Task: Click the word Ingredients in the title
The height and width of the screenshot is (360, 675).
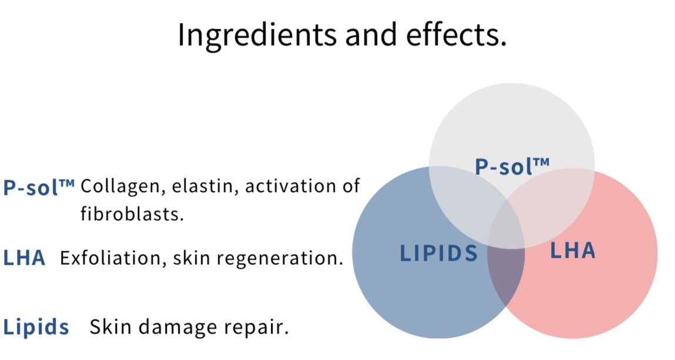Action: coord(257,35)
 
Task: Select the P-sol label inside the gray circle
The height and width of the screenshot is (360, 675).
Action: coord(512,166)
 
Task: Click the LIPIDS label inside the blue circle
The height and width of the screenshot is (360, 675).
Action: coord(439,253)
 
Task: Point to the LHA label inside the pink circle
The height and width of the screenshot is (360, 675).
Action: coord(573,251)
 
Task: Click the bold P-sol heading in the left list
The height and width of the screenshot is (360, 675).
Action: coord(39,187)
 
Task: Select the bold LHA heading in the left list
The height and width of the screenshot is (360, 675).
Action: coord(24,258)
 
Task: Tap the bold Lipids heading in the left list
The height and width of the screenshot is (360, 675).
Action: coord(36,327)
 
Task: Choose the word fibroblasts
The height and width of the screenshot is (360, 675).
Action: coord(132,214)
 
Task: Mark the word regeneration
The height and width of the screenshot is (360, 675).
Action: coord(280,258)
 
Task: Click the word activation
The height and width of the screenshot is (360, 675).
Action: coord(288,186)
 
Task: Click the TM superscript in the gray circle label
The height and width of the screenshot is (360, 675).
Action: coord(542,162)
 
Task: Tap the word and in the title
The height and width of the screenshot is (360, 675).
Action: coord(371,35)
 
